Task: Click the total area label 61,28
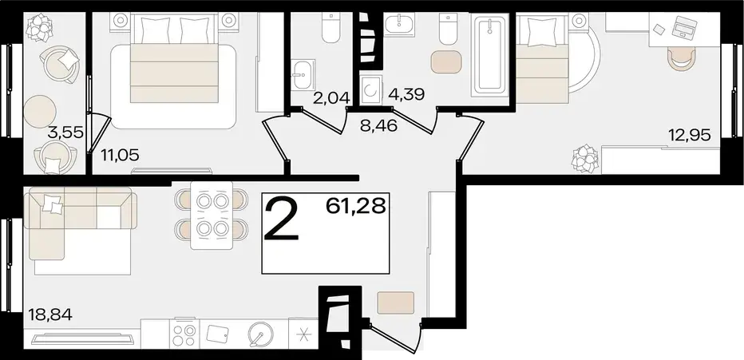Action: (355, 206)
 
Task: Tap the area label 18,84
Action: (50, 314)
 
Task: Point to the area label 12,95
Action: (690, 136)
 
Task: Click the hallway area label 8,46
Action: (378, 125)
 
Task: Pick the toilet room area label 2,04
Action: (331, 98)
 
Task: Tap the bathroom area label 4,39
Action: (406, 93)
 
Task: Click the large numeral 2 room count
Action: (282, 220)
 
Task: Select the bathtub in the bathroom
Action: (490, 55)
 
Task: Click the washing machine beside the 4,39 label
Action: (370, 89)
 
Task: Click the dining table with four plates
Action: (212, 216)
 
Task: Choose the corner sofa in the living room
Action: (81, 223)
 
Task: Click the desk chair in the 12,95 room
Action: (682, 58)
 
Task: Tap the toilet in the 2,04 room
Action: (330, 27)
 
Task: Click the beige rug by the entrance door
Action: (396, 303)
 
